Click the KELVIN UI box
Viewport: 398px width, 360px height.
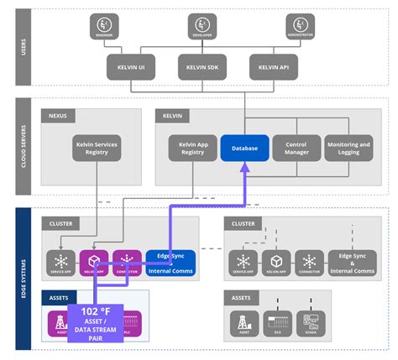[x=130, y=66]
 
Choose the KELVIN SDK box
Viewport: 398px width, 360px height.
[x=202, y=66]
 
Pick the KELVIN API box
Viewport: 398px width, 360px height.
[x=274, y=66]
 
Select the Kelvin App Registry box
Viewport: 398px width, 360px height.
[x=192, y=148]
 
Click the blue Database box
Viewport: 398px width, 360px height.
[x=244, y=148]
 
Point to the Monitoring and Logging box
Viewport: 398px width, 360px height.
[x=348, y=148]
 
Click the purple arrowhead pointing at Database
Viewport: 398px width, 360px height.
[x=244, y=169]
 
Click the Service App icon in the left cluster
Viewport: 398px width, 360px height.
[x=61, y=261]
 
